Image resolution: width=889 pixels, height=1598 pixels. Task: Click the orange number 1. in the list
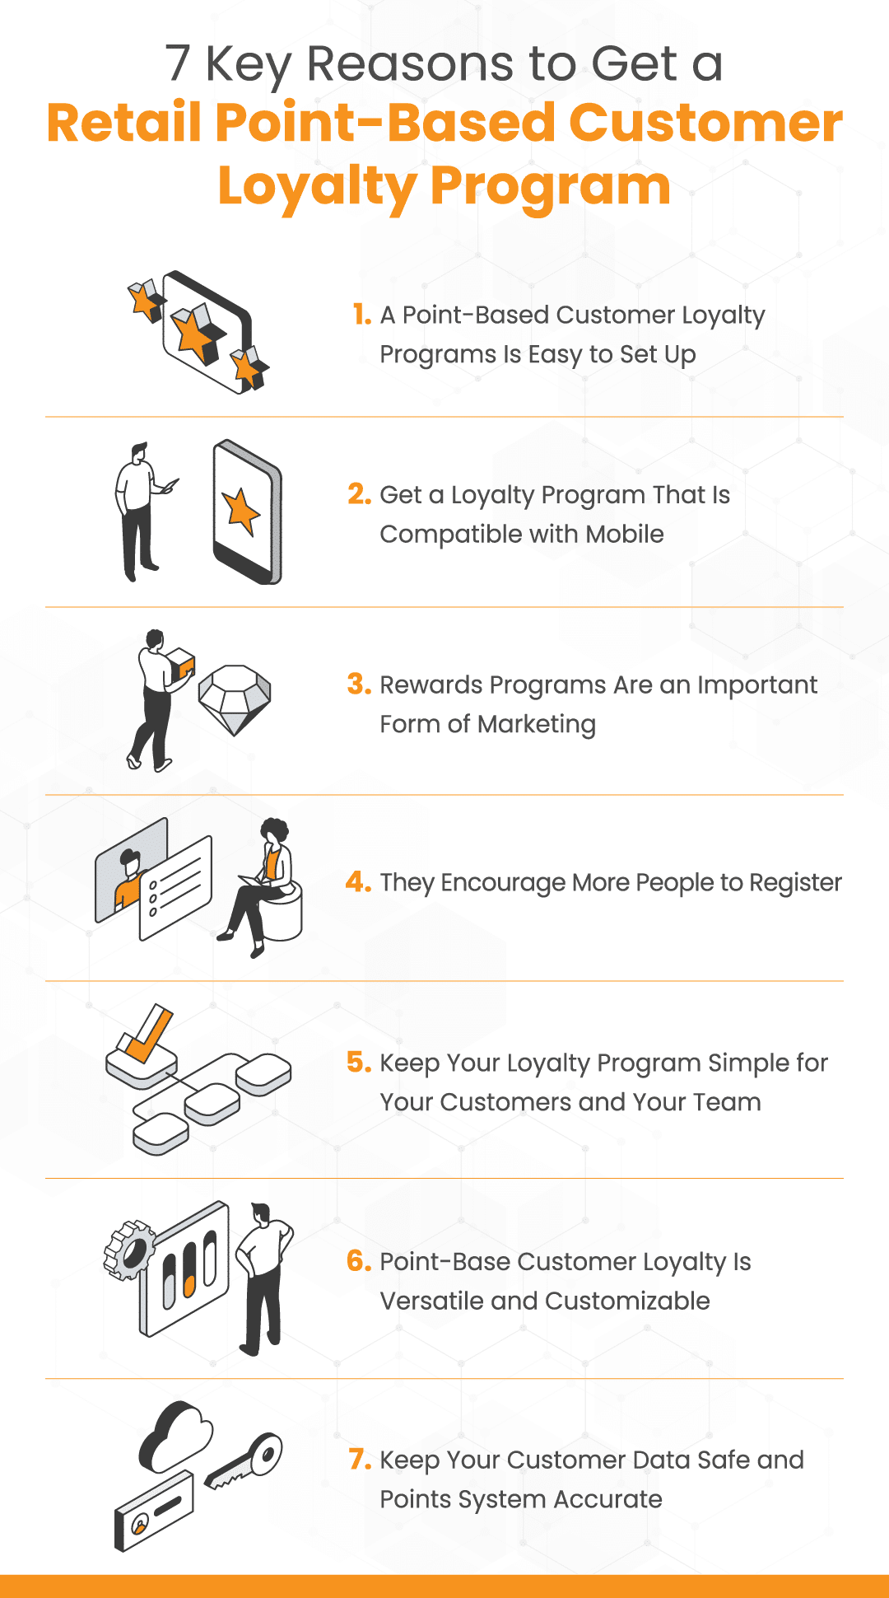point(362,315)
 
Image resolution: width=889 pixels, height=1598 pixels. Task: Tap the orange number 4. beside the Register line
point(358,882)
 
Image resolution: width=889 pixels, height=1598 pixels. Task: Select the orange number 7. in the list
point(360,1460)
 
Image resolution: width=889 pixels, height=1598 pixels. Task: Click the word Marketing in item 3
point(536,725)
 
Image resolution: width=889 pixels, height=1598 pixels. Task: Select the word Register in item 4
point(795,883)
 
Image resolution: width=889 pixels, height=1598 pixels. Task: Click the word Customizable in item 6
point(627,1301)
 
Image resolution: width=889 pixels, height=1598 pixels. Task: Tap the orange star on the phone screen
point(241,511)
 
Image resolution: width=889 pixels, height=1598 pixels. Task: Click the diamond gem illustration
point(235,699)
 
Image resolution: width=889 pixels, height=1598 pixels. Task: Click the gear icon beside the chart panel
point(129,1250)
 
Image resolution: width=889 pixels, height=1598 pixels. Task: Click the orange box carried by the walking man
point(181,662)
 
